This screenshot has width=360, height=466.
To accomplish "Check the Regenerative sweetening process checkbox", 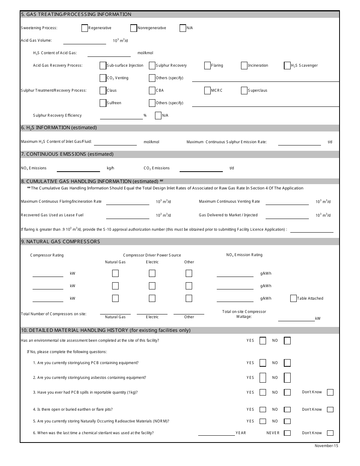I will [85, 28].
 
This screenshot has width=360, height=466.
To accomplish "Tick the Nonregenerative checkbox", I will [133, 28].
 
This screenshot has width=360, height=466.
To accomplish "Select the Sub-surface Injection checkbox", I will [103, 66].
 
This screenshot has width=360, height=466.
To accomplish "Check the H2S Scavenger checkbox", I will [287, 66].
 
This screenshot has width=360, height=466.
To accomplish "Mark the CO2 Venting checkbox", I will [103, 78].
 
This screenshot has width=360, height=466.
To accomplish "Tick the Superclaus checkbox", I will [244, 91].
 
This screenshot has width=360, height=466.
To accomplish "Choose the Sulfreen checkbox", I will [103, 103].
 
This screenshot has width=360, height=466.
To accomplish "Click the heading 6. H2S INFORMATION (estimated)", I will [59, 128].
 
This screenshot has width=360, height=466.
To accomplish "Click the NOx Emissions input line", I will [78, 168].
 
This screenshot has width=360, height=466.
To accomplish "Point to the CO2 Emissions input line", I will [201, 168].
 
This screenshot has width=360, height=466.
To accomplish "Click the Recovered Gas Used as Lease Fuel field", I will [127, 216].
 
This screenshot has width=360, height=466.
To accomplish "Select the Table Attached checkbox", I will [293, 299].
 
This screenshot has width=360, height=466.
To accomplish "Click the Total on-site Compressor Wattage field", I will [296, 318].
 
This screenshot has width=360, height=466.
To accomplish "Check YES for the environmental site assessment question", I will [263, 341].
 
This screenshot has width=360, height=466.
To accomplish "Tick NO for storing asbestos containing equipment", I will [287, 378].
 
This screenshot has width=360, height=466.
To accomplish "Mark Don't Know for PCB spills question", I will [330, 392].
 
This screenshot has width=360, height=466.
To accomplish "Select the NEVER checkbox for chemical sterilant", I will [287, 433].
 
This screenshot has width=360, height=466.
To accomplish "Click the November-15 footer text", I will [326, 446].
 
